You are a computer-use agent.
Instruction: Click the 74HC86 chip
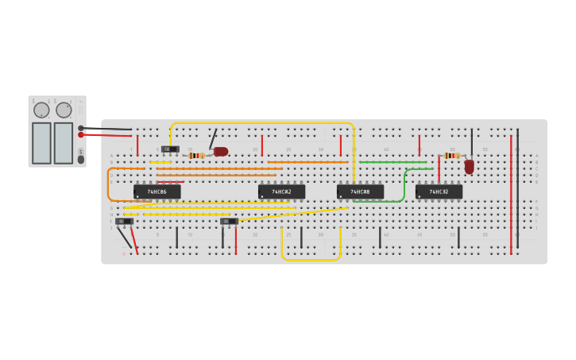tap(157, 192)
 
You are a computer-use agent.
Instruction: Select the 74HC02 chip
tap(281, 192)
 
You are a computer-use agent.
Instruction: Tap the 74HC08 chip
tap(360, 192)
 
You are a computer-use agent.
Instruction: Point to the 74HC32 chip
tap(439, 192)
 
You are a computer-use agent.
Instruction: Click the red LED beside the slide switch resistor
tap(221, 151)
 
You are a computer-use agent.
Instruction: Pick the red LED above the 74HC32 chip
tap(470, 166)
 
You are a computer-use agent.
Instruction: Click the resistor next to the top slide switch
tap(196, 156)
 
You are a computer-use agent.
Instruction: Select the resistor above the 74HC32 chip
tap(452, 156)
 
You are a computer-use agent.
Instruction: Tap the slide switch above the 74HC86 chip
tap(170, 149)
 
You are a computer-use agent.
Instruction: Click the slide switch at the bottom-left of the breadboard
tap(124, 221)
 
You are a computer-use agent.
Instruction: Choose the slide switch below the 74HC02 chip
tap(229, 221)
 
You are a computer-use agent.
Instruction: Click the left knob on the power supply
tap(41, 110)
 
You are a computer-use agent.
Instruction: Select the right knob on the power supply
tap(64, 110)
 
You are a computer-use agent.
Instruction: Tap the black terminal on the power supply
tap(81, 127)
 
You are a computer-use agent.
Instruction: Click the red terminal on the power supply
tap(81, 134)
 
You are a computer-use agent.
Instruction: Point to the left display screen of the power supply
tap(41, 143)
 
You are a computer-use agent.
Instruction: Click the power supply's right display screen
tap(64, 143)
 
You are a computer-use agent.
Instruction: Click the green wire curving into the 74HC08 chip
tap(404, 187)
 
